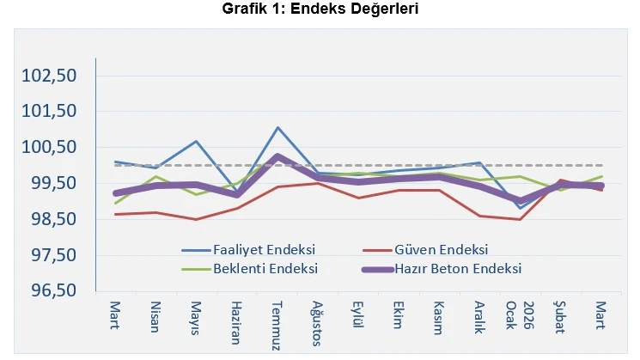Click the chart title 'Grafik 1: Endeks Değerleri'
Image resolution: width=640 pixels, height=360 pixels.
(x=320, y=9)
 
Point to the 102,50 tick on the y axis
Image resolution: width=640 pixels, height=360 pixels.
(x=50, y=76)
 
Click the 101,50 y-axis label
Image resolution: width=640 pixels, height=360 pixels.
(x=50, y=112)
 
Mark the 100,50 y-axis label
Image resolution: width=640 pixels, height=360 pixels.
(x=50, y=148)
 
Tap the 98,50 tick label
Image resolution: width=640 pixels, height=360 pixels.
(x=50, y=219)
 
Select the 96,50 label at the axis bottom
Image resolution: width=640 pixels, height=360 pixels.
(x=50, y=291)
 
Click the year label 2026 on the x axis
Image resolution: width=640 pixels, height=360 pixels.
(x=527, y=316)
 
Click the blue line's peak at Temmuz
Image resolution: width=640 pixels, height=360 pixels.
(x=278, y=128)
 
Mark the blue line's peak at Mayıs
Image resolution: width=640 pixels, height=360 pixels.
(x=197, y=142)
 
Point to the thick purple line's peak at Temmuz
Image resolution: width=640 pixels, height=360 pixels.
(x=278, y=156)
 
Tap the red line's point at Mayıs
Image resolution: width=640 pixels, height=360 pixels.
(x=197, y=219)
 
